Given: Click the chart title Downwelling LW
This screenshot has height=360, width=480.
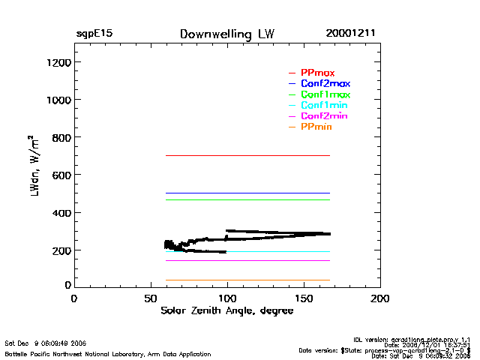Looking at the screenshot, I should (x=227, y=34).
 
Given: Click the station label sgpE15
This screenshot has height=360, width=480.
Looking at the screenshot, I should (x=94, y=34).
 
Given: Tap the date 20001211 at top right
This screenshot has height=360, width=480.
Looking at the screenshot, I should (x=350, y=34).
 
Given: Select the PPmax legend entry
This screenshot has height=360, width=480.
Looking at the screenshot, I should (x=317, y=73).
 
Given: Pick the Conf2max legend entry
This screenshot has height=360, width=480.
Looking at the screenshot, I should (x=325, y=83).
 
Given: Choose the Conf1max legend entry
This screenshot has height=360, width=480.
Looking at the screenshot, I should (x=325, y=94).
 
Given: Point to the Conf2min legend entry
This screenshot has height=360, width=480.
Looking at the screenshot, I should (x=324, y=116).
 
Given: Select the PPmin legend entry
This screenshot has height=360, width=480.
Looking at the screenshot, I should (x=316, y=127).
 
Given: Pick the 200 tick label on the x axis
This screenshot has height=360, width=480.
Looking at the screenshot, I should (x=380, y=298).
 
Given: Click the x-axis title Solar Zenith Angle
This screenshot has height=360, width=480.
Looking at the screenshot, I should (x=226, y=310).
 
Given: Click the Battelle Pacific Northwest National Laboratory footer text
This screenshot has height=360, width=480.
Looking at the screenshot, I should (x=108, y=353).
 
